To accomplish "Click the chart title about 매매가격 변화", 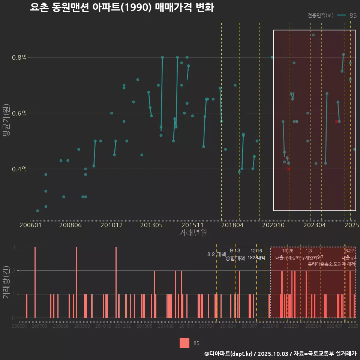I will (x=122, y=7).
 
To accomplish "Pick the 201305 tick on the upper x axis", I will (x=151, y=225).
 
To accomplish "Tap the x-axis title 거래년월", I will (x=193, y=233).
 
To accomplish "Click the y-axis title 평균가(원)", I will (x=6, y=122).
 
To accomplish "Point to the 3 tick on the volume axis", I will (x=13, y=247).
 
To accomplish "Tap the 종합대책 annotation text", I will (x=235, y=258).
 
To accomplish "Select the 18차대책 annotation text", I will (x=256, y=258).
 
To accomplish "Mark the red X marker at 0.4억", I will (x=288, y=169).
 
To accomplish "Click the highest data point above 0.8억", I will (x=313, y=35).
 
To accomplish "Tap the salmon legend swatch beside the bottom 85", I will (x=184, y=343).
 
